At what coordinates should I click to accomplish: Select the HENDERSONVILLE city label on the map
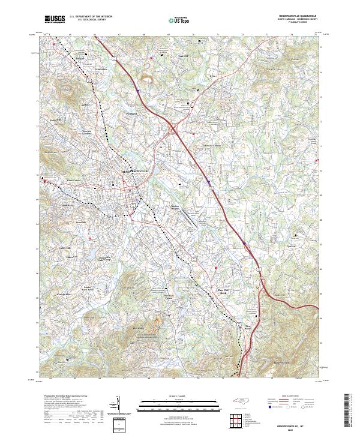(x=130, y=170)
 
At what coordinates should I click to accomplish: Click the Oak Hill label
(x=184, y=57)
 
